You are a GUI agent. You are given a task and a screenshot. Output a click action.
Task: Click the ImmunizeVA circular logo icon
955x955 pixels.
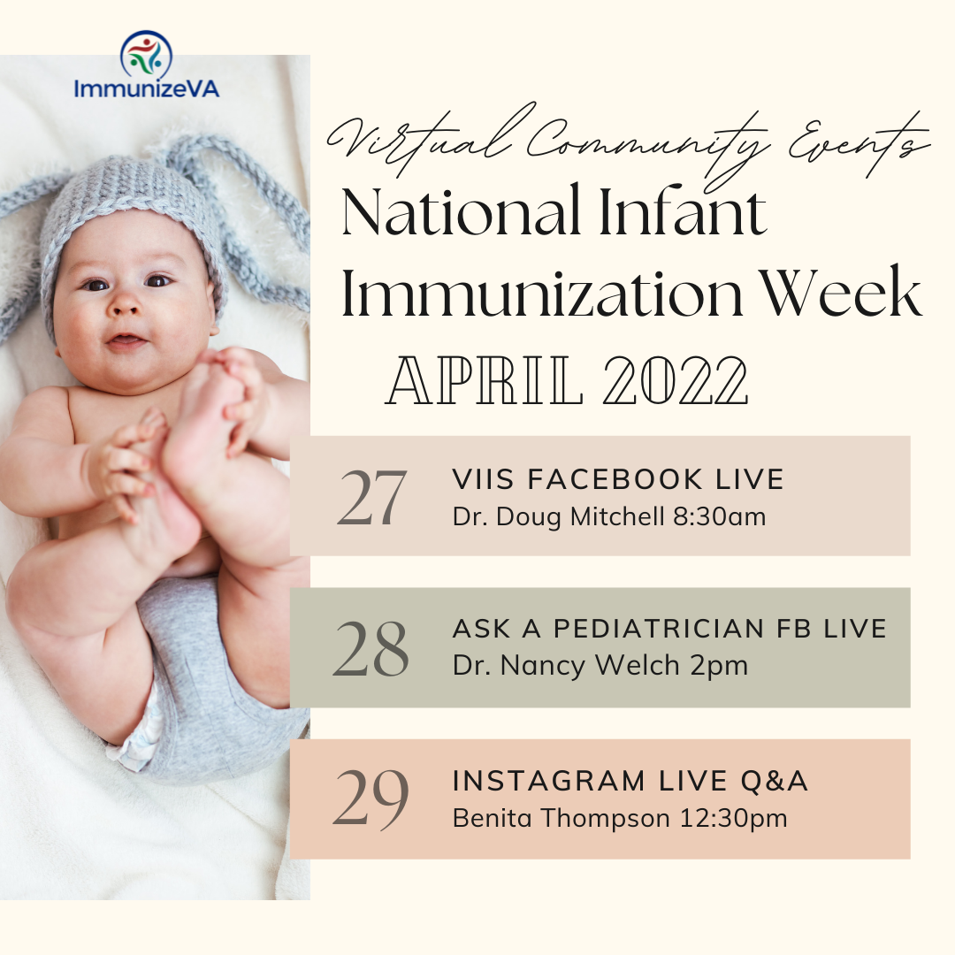coord(146,55)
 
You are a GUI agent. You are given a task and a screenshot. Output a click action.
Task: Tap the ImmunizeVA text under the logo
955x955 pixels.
coord(146,89)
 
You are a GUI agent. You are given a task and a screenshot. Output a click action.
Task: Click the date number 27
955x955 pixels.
coord(371,498)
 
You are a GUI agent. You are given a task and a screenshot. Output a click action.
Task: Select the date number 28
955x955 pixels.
coord(371,648)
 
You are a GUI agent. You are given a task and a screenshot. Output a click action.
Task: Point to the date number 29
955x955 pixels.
coord(371,799)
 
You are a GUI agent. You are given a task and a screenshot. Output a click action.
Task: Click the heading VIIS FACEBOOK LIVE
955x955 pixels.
coord(618,479)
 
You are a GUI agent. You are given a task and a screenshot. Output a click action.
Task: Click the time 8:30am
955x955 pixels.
coord(719,516)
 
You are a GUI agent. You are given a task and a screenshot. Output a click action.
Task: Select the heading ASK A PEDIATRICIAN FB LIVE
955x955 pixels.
coord(669,629)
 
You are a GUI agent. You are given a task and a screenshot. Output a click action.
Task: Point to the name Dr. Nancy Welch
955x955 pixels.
coord(551,665)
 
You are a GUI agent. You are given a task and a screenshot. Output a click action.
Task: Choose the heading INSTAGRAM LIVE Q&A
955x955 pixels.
coord(630,781)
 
